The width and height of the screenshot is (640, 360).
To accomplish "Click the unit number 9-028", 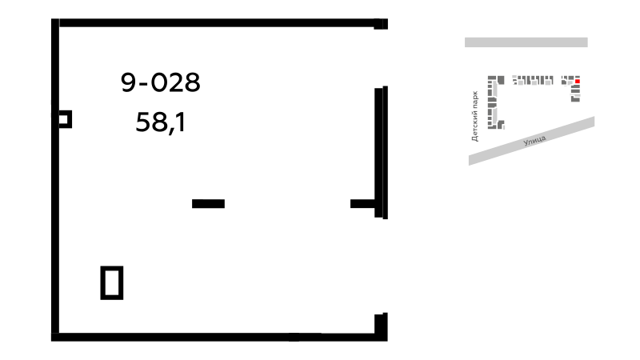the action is (161, 82).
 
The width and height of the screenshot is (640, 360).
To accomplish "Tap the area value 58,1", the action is (161, 122).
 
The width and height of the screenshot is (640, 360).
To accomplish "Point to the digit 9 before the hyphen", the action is (128, 82).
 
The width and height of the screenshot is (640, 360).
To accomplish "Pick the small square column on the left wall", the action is (65, 119).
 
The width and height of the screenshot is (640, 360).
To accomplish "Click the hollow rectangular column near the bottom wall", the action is (112, 283).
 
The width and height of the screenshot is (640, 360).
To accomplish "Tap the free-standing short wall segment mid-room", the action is (208, 204).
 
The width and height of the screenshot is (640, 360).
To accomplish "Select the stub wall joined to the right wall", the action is (362, 204).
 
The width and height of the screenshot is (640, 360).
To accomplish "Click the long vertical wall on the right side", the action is (381, 152).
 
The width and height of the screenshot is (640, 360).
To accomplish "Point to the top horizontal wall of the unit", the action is (219, 23).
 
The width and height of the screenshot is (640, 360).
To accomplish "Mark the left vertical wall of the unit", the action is (55, 179).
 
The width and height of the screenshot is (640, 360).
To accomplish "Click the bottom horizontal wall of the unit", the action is (219, 337).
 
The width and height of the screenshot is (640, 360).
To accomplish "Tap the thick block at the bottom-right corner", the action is (381, 326).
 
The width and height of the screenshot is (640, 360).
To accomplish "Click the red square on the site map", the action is (577, 82).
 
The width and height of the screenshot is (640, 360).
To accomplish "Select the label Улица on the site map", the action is (534, 141).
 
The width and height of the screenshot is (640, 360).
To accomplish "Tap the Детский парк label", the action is (474, 116).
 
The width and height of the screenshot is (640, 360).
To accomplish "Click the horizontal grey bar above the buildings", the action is (526, 42).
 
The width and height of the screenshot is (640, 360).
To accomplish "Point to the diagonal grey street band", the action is (531, 141).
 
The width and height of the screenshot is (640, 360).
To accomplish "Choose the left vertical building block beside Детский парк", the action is (492, 102).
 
